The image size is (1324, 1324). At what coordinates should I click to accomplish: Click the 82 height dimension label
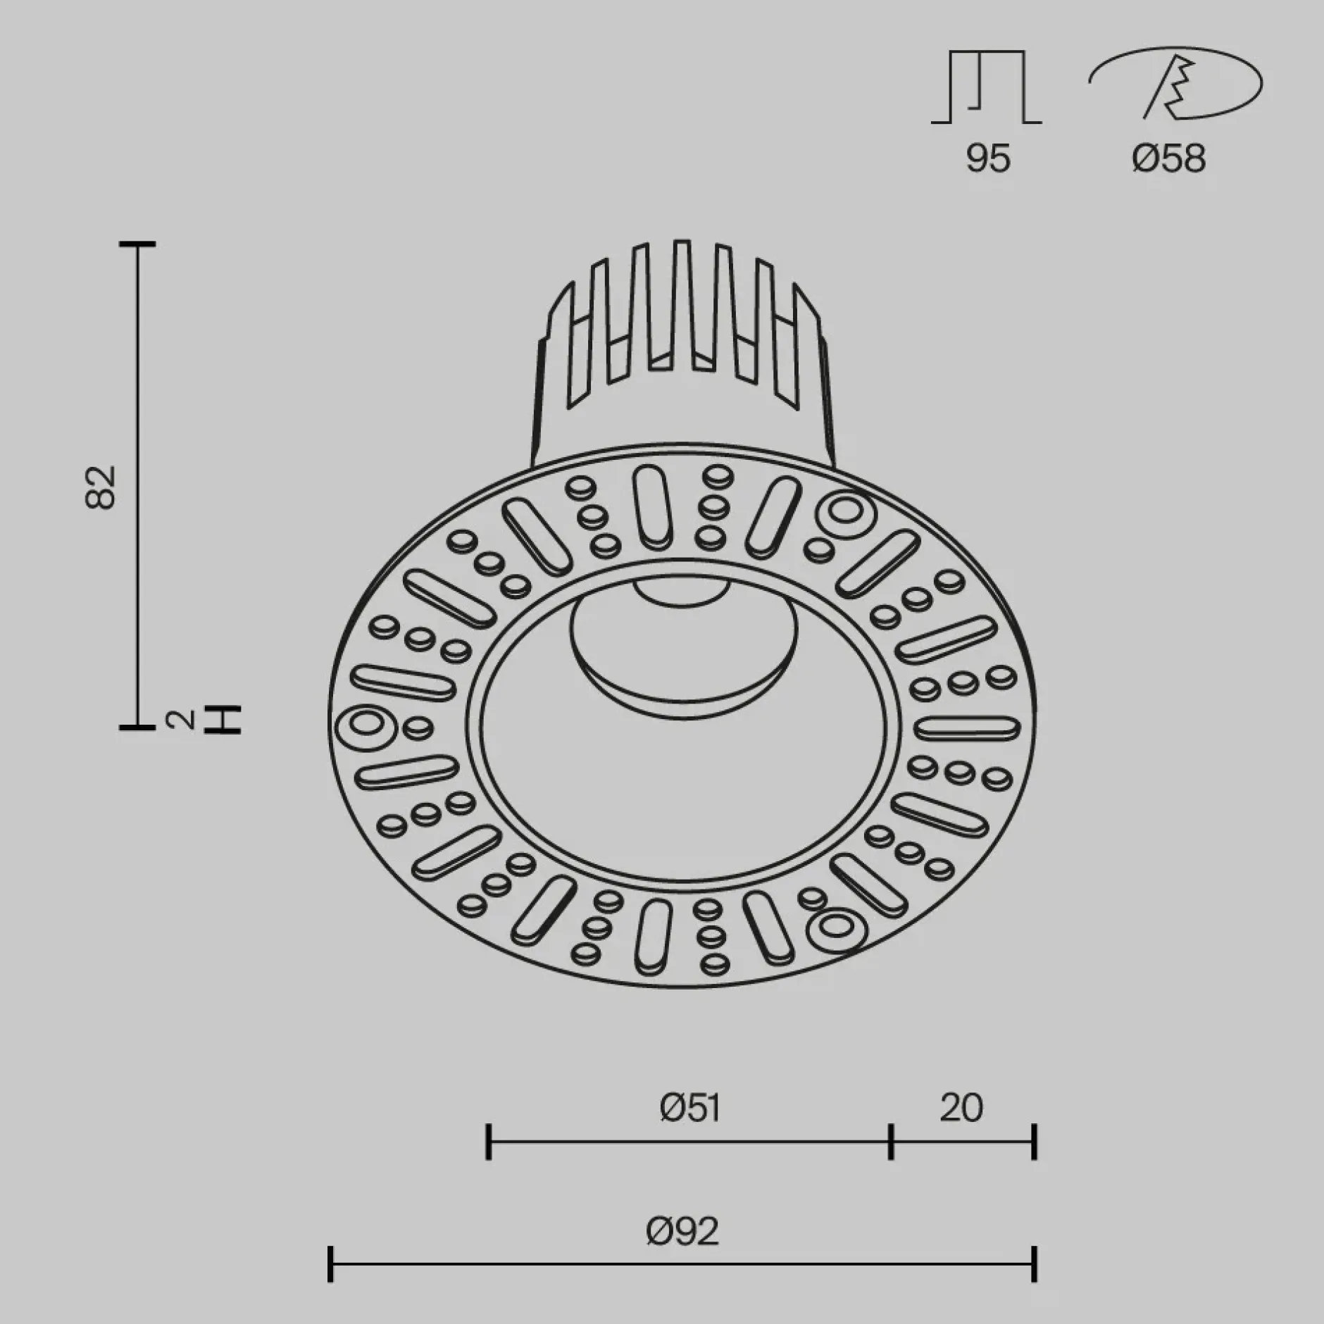coord(100,487)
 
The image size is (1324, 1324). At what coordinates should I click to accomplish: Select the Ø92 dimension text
coord(682,1232)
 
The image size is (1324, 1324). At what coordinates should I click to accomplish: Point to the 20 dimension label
coord(961,1108)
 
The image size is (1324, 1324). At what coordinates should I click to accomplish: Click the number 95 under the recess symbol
coord(988,158)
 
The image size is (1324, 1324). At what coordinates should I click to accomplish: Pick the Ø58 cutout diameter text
coord(1169,158)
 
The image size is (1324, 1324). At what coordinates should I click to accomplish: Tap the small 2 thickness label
coord(180,719)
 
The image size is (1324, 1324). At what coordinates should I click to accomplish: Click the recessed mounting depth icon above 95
coord(987,86)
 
